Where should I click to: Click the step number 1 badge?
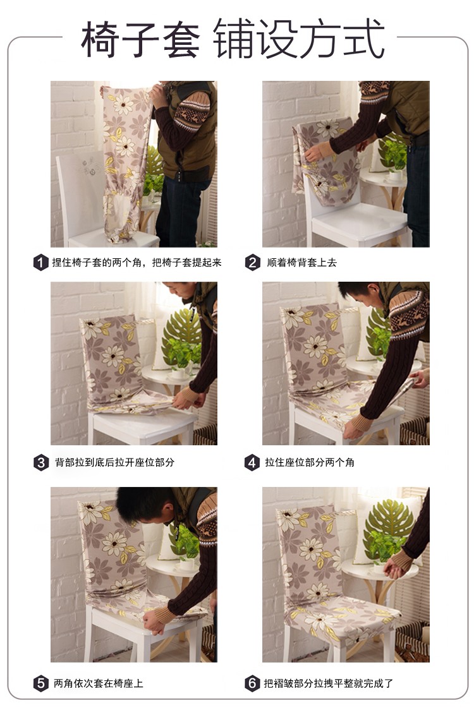41,263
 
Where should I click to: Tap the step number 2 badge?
252,263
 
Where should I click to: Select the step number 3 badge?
41,462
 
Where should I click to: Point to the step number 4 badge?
252,462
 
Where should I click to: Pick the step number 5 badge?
41,683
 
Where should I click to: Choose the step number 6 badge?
252,683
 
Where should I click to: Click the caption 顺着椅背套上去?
301,263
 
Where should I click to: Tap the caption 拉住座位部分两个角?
310,462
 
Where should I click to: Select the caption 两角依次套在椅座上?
99,683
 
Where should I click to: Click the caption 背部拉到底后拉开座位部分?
114,462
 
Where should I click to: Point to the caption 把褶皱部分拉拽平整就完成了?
329,683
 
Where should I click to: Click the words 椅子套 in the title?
140,39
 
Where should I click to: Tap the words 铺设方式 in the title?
298,39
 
